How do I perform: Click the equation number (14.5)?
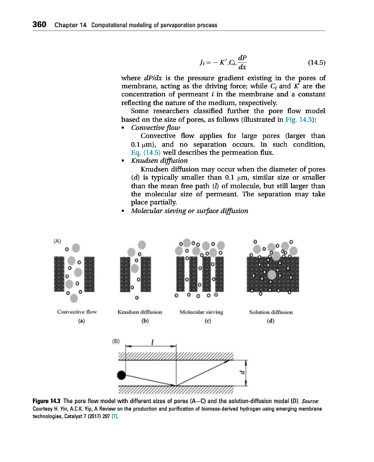pyautogui.click(x=314, y=62)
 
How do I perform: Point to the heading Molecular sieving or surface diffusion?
pyautogui.click(x=189, y=211)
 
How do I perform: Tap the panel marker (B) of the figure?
pyautogui.click(x=115, y=342)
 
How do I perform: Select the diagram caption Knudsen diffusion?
pyautogui.click(x=139, y=312)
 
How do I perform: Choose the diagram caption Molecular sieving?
pyautogui.click(x=201, y=312)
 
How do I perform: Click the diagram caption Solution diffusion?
pyautogui.click(x=270, y=312)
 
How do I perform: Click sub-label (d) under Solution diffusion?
pyautogui.click(x=270, y=321)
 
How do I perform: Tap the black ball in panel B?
pyautogui.click(x=121, y=375)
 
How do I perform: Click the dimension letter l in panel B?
pyautogui.click(x=152, y=342)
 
